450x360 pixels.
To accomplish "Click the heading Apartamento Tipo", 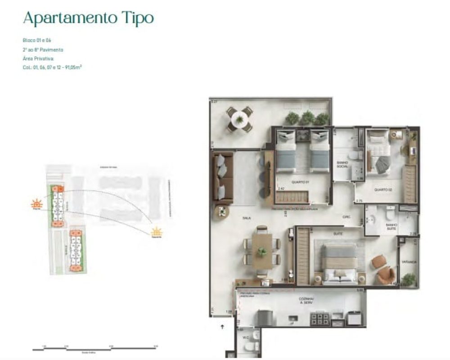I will coord(88,18).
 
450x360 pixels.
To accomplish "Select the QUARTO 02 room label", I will coord(383,190).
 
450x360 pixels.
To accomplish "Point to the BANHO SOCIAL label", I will coord(343,164).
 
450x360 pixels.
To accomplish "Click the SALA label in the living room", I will coord(246,218).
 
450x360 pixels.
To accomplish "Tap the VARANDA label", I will coord(409,261).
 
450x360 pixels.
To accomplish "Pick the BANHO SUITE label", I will coord(391,226).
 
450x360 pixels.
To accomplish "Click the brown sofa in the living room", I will coord(222,177).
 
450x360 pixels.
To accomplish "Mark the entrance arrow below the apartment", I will coord(222,327).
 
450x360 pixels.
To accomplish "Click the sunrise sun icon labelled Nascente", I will coord(156,232).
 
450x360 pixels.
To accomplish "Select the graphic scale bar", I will coord(94,348).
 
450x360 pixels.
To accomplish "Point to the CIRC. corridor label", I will coord(346,217).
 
